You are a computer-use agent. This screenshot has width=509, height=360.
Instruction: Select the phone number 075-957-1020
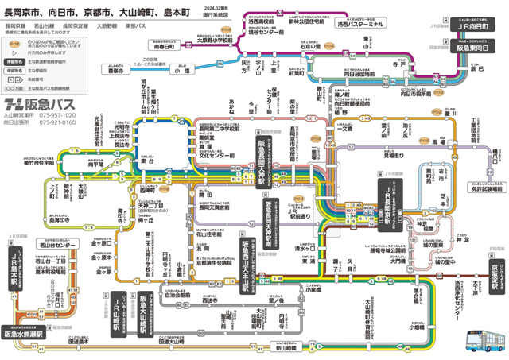point(58,115)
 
